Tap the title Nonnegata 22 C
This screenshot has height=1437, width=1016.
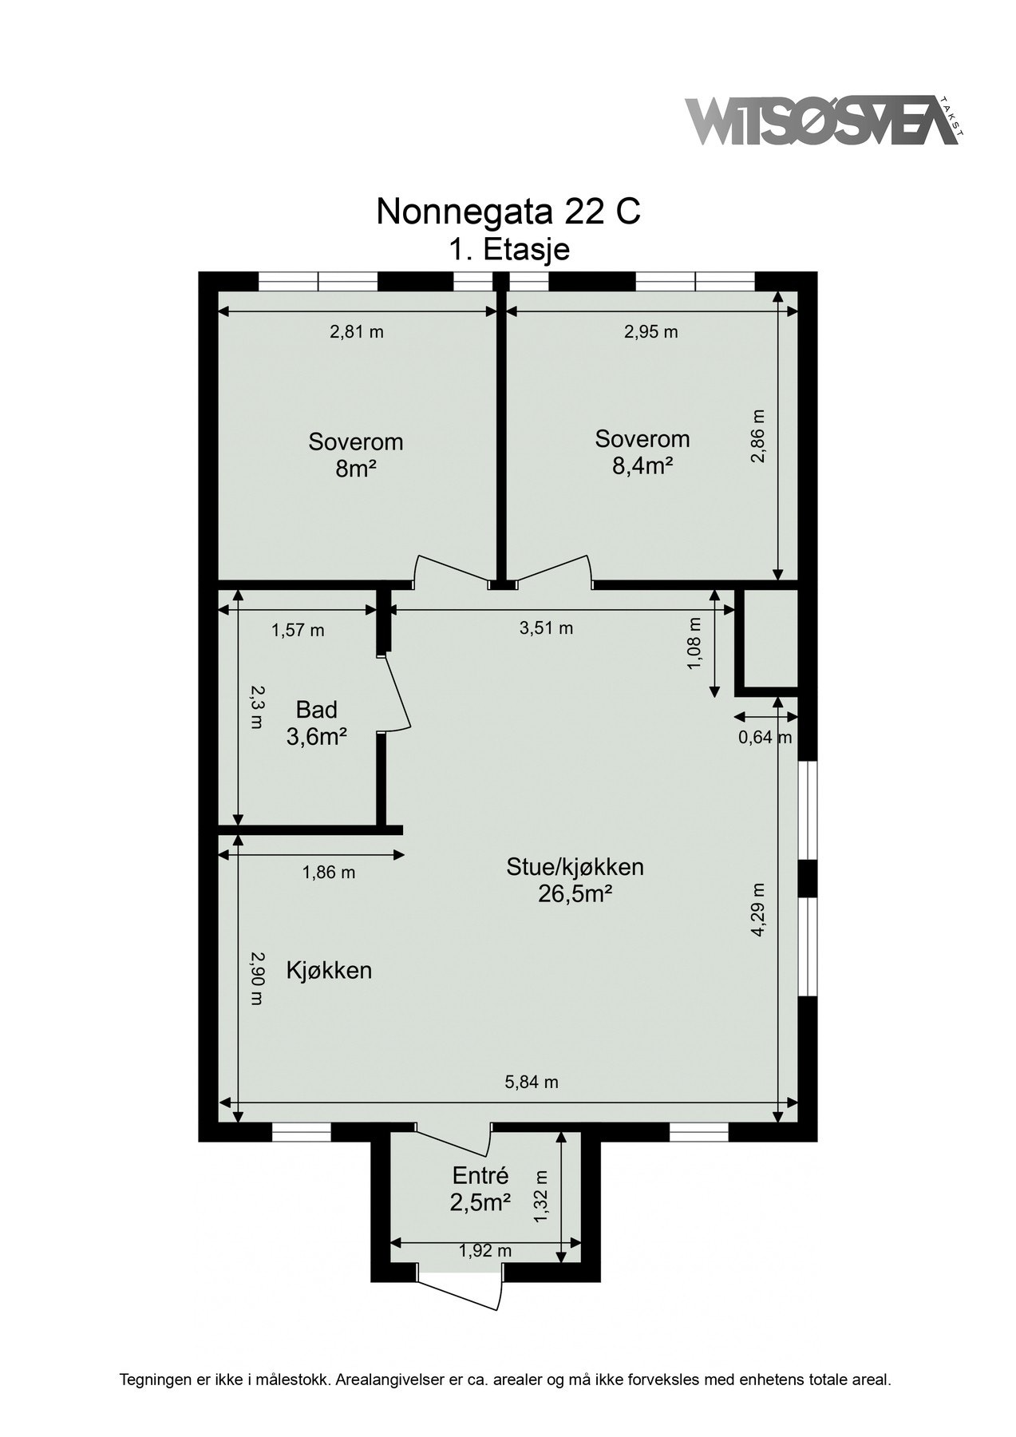click(508, 212)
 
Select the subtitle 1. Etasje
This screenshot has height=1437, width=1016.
click(508, 250)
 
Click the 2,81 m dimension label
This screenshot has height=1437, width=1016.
click(357, 332)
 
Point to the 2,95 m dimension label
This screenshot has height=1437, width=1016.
click(650, 332)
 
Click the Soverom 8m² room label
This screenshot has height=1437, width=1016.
click(356, 455)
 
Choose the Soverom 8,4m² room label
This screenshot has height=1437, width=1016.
click(642, 452)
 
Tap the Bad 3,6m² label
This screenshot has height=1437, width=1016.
click(316, 722)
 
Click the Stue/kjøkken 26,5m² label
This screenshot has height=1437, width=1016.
click(575, 880)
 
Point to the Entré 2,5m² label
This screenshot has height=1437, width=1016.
click(480, 1188)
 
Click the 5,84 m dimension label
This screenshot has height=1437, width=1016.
click(532, 1083)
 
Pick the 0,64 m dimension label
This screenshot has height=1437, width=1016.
click(765, 737)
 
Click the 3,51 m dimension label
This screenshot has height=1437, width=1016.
click(546, 628)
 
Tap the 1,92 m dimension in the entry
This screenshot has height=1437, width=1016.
click(485, 1251)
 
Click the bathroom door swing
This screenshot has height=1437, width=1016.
click(397, 692)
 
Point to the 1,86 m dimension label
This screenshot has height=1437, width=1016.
click(328, 873)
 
